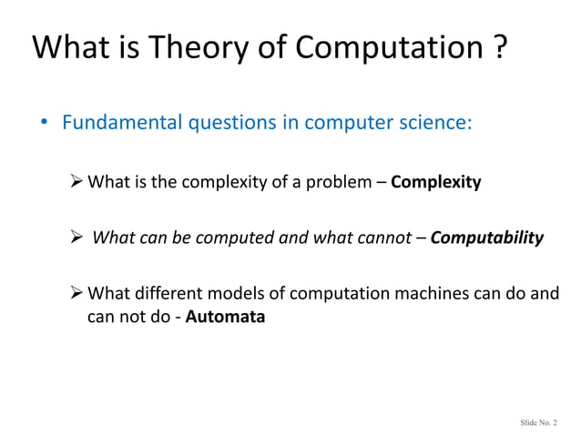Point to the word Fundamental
tap(118, 122)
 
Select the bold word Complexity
tap(435, 182)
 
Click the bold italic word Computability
tap(486, 238)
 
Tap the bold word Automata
tap(225, 318)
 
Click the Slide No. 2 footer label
tap(539, 422)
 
